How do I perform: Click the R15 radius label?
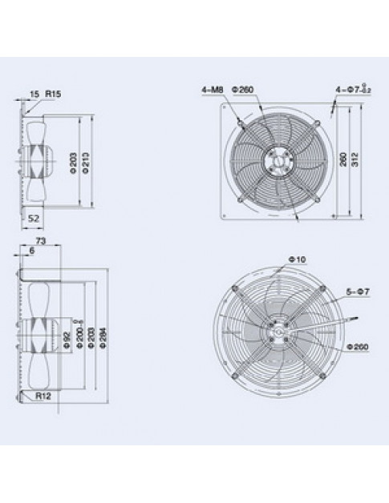[x=53, y=95]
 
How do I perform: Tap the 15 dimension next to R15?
[x=34, y=95]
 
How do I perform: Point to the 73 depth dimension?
[x=40, y=239]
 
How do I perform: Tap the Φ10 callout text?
[x=295, y=259]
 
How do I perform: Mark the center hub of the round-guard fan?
[x=276, y=329]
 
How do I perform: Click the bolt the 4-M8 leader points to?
[x=241, y=122]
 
